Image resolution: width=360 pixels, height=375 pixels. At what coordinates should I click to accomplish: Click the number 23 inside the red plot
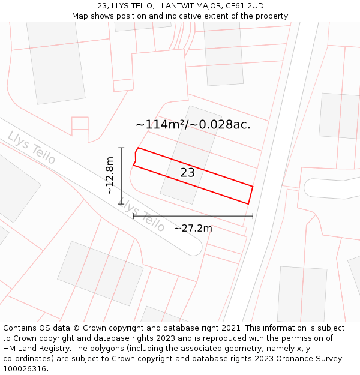pos(187,173)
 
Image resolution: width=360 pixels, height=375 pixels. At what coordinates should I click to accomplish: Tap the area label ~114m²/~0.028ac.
pos(193,125)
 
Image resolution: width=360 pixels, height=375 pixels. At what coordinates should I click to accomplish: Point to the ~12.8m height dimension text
pos(109,175)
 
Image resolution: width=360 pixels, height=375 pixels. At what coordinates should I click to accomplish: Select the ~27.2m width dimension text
pos(193,228)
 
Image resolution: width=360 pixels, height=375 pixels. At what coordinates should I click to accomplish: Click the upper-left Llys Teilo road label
pos(31,148)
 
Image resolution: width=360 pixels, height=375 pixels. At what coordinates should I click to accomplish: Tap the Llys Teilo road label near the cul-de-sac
pos(142,215)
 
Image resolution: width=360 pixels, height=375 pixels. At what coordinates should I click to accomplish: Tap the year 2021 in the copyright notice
pos(231,328)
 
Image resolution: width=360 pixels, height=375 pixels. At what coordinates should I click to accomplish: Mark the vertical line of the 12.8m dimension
pos(121,175)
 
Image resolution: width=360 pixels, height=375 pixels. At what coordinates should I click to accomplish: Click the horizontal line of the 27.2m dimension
pos(193,216)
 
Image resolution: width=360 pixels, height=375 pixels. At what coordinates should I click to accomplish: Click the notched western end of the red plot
pos(136,157)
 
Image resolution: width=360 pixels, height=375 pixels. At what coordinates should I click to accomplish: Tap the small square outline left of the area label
pos(80,125)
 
